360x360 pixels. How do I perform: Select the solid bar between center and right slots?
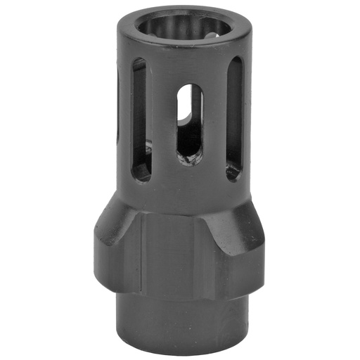click(x=214, y=123)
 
